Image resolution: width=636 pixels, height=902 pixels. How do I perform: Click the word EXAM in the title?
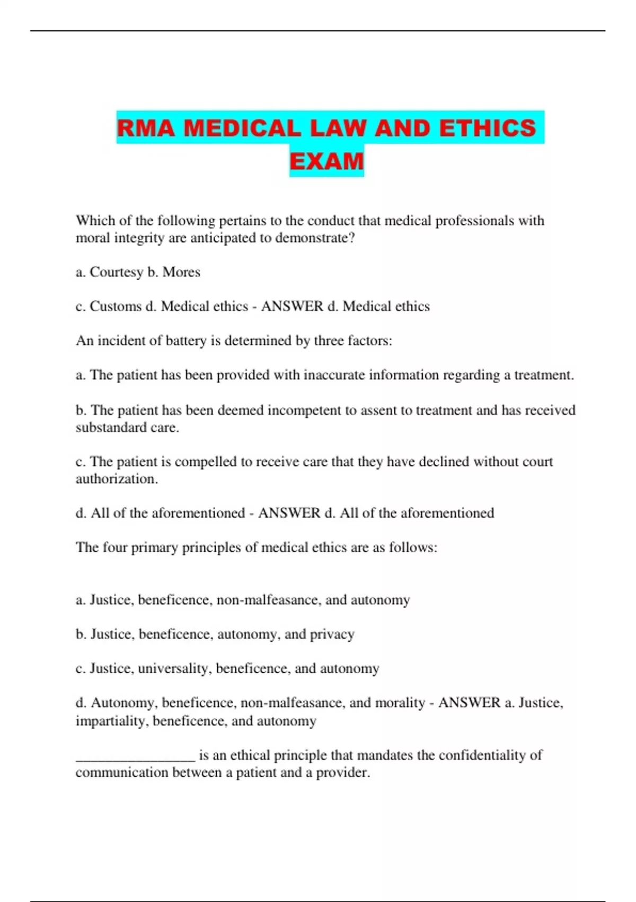pyautogui.click(x=326, y=161)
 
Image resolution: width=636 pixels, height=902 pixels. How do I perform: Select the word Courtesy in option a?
pyautogui.click(x=116, y=272)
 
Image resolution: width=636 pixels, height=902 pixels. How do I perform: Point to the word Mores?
pyautogui.click(x=181, y=272)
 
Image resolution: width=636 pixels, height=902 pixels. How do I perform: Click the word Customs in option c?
pyautogui.click(x=116, y=306)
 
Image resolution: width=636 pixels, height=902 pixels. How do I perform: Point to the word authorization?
pyautogui.click(x=117, y=479)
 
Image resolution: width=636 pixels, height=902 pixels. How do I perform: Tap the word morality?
pyautogui.click(x=400, y=703)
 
